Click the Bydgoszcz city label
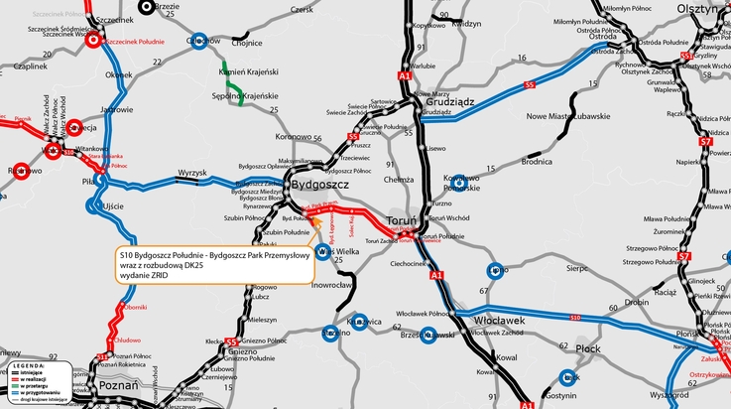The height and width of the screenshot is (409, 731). click(318, 185)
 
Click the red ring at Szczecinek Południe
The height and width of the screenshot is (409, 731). click(94, 42)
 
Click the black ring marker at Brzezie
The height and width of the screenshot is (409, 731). click(148, 6)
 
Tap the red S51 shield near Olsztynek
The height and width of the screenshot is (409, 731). click(686, 57)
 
